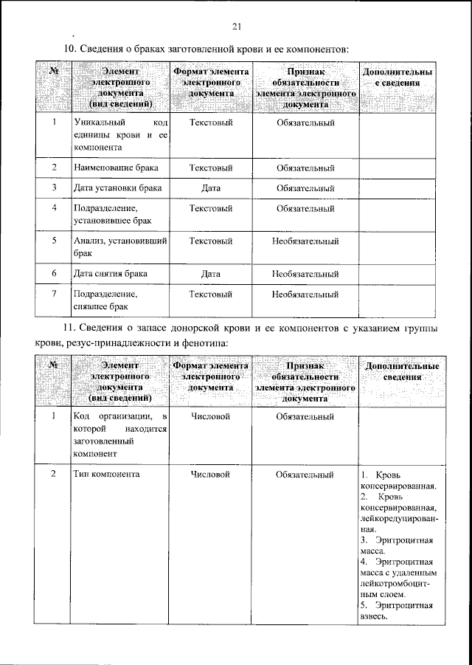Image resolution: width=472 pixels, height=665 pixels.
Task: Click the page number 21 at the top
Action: (237, 27)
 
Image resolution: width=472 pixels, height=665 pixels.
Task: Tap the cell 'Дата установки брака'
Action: (117, 189)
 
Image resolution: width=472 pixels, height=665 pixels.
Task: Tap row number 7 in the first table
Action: (55, 294)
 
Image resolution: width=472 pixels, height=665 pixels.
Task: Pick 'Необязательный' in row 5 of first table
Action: (305, 241)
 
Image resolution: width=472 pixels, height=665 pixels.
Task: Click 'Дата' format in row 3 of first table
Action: (211, 189)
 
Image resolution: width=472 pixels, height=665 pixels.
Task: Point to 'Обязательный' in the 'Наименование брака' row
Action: (305, 168)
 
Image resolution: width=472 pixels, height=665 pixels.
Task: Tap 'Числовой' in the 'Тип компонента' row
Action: (211, 473)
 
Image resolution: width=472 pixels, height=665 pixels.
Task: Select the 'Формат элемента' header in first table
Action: (211, 82)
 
